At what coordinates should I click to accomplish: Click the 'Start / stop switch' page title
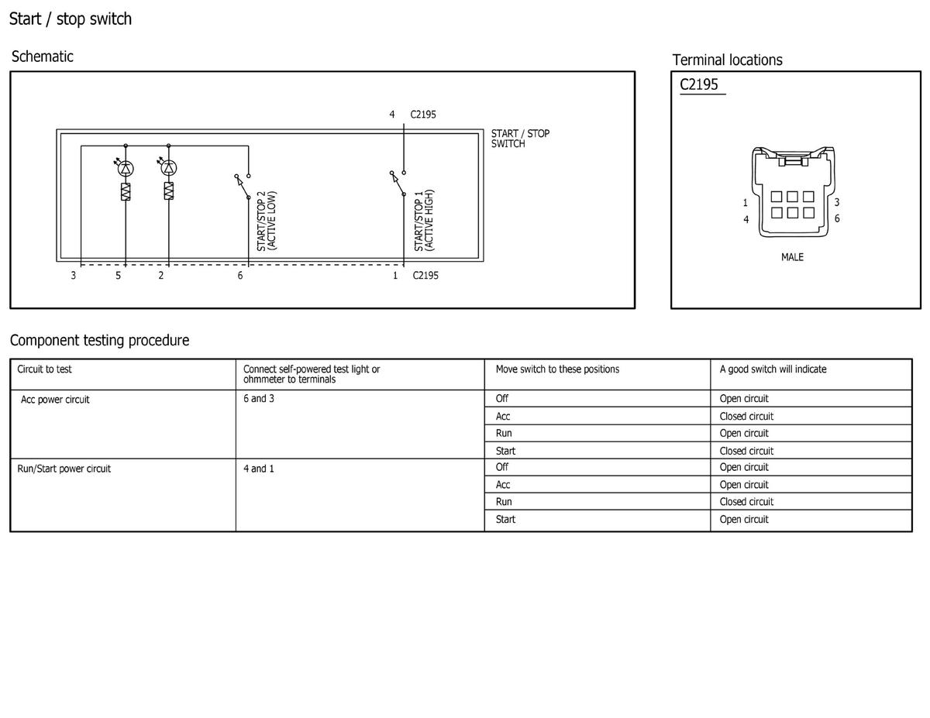[71, 19]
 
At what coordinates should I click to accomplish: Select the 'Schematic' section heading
[43, 57]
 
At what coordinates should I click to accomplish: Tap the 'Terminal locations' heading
[727, 60]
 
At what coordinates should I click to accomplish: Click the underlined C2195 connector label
[699, 84]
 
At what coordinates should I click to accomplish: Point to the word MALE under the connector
[792, 257]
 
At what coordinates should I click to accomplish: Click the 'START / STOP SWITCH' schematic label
[520, 139]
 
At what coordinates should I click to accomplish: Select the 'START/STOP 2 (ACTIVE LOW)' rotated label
[266, 221]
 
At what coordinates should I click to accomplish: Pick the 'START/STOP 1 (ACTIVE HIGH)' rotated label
[424, 220]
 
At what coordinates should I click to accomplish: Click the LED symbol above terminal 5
[125, 167]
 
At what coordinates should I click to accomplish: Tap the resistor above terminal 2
[169, 191]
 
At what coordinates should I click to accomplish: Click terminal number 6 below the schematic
[240, 276]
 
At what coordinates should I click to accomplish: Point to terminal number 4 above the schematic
[391, 114]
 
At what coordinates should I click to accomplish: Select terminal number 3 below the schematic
[73, 276]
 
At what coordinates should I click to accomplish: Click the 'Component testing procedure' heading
[99, 340]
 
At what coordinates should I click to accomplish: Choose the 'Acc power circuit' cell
[55, 400]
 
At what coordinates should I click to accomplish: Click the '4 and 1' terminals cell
[259, 469]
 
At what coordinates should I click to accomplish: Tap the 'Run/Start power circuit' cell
[64, 469]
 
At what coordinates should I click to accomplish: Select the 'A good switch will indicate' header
[773, 369]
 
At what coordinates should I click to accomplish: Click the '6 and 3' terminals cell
[259, 399]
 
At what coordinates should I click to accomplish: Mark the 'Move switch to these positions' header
[557, 369]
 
